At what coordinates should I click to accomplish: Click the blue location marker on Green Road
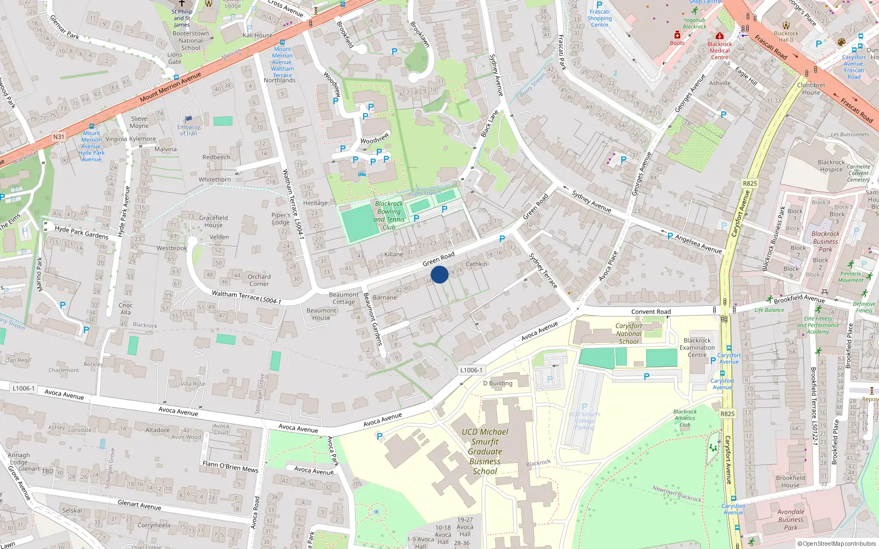(439, 274)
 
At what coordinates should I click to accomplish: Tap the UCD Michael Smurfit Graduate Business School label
(485, 451)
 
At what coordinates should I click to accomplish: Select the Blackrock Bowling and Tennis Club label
(389, 215)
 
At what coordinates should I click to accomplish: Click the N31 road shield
(59, 137)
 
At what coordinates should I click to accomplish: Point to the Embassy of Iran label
(188, 130)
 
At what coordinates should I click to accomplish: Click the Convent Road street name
(650, 312)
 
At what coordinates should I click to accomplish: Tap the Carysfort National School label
(628, 333)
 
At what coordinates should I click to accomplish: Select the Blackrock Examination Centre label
(697, 348)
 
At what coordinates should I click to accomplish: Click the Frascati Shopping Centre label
(599, 18)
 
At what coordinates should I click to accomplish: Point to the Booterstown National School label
(191, 41)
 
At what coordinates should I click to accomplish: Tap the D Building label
(498, 383)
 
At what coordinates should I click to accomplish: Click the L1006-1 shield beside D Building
(471, 370)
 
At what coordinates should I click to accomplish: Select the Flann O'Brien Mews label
(230, 467)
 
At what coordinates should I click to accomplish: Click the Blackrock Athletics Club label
(685, 418)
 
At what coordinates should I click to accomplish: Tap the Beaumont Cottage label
(343, 298)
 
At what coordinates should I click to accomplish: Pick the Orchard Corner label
(259, 280)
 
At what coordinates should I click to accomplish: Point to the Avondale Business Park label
(791, 519)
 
